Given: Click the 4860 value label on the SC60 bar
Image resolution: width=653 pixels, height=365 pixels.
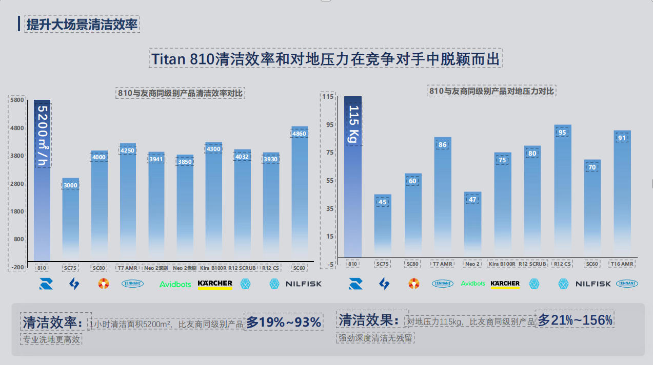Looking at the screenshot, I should coord(299,134).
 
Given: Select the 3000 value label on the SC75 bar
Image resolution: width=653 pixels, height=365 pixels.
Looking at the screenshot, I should coord(70,185).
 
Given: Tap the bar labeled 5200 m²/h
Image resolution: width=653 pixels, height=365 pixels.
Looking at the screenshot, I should coord(42,179).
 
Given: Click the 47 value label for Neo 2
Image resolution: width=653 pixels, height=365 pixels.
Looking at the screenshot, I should coord(472,200).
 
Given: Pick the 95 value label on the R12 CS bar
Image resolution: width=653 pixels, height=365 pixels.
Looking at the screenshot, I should coord(562,133).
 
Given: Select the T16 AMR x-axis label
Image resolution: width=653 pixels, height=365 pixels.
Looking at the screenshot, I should coord(622,264).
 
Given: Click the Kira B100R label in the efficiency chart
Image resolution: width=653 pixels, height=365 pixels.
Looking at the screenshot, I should coord(213,268).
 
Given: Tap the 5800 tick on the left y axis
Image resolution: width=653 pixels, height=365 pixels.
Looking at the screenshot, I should coord(17,100).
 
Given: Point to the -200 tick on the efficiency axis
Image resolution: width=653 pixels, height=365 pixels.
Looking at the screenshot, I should coord(17,267).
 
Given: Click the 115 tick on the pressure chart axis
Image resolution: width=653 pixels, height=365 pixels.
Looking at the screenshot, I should coord(327,96).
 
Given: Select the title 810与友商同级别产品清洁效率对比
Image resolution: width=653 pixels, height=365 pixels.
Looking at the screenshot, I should coord(180,93).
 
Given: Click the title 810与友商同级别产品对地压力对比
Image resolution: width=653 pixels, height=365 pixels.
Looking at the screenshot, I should coord(491,91).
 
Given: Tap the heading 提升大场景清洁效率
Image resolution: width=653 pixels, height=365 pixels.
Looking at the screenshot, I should coord(82,24).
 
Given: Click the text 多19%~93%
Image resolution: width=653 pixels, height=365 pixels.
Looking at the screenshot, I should coord(284,322).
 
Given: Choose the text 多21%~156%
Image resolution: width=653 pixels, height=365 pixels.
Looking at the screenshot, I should coord(575,320).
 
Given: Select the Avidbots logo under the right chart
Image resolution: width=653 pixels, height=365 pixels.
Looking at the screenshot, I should coord(473,284).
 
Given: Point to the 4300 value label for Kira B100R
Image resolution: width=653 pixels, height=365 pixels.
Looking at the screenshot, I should coord(213,149).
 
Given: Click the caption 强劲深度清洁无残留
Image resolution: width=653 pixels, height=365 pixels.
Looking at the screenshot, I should coord(375,338).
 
